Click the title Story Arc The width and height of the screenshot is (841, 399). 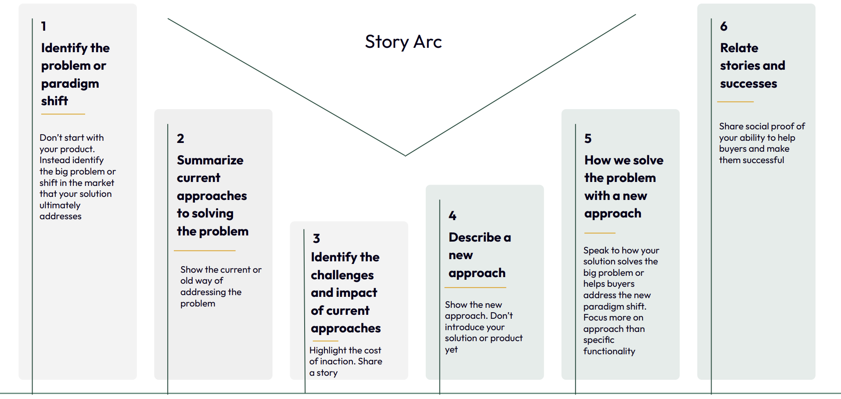(403, 42)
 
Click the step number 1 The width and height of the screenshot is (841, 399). (43, 26)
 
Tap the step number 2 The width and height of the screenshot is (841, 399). (180, 139)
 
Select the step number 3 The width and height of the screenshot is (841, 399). (316, 239)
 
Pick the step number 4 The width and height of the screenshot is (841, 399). (453, 216)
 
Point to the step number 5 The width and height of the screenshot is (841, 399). (588, 139)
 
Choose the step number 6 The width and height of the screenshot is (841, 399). (724, 26)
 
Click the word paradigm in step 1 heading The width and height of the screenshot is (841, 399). (70, 84)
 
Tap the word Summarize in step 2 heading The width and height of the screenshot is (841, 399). (210, 160)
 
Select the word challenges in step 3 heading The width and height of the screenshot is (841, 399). (342, 275)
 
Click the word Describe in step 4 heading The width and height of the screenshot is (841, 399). (475, 237)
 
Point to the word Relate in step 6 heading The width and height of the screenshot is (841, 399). (739, 48)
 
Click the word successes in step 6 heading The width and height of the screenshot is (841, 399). (748, 84)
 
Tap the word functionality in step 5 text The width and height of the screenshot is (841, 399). (609, 351)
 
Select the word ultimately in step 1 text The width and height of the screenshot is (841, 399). (60, 206)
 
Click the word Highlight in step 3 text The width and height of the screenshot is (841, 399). (327, 350)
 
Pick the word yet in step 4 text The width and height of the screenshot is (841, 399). (451, 350)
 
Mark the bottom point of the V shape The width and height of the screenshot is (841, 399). (405, 156)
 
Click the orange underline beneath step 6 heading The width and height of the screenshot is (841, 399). (735, 102)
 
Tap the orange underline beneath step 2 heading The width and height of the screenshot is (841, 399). (205, 251)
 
